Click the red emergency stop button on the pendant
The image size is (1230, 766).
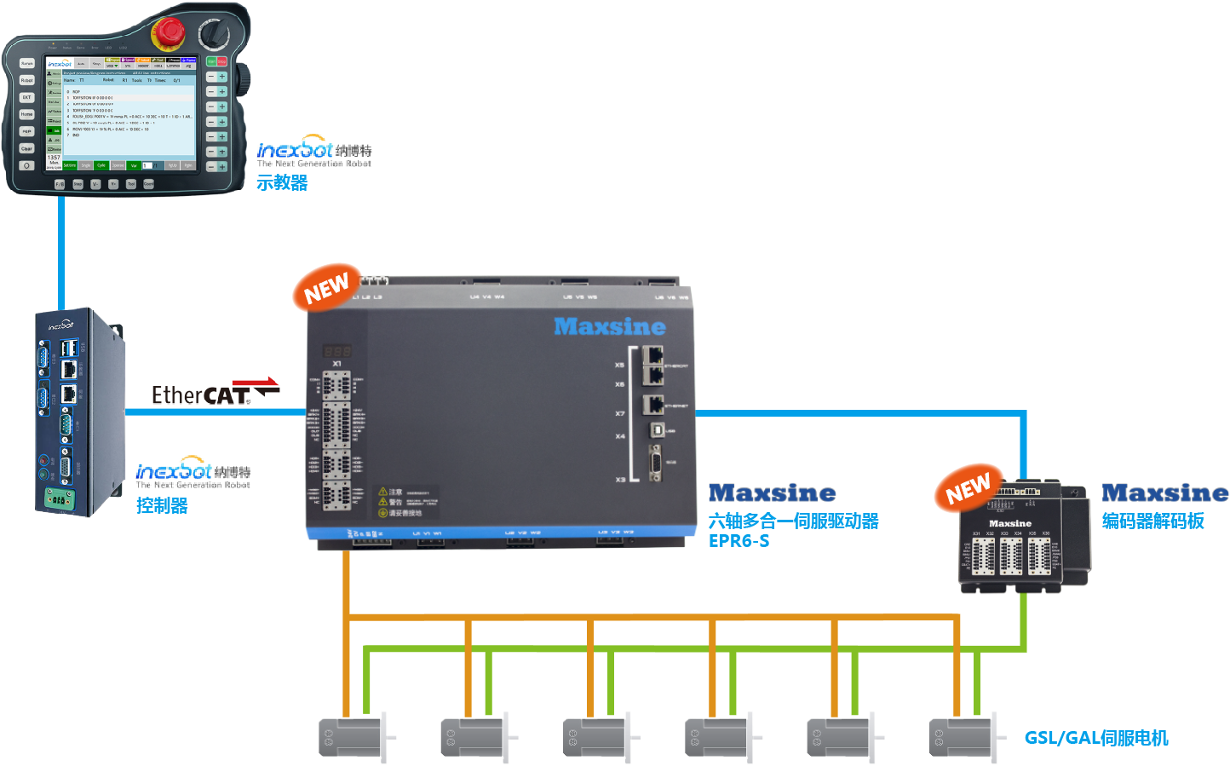pyautogui.click(x=168, y=32)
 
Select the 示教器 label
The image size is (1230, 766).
pyautogui.click(x=282, y=182)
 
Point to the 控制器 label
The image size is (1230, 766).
pyautogui.click(x=162, y=505)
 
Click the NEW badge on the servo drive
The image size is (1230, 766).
pyautogui.click(x=327, y=288)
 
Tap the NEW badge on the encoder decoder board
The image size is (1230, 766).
pyautogui.click(x=968, y=489)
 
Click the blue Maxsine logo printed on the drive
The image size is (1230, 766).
pyautogui.click(x=610, y=326)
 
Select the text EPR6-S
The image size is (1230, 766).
pyautogui.click(x=739, y=541)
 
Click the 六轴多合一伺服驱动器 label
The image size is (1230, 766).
pyautogui.click(x=793, y=521)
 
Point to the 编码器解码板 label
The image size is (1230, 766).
pyautogui.click(x=1152, y=521)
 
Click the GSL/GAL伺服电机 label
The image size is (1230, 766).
pyautogui.click(x=1095, y=738)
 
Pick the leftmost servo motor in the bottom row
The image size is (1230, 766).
pyautogui.click(x=353, y=737)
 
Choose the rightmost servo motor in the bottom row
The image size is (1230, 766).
pyautogui.click(x=963, y=737)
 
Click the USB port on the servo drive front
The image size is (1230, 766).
pyautogui.click(x=657, y=430)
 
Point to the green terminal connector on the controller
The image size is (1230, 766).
pyautogui.click(x=58, y=500)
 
